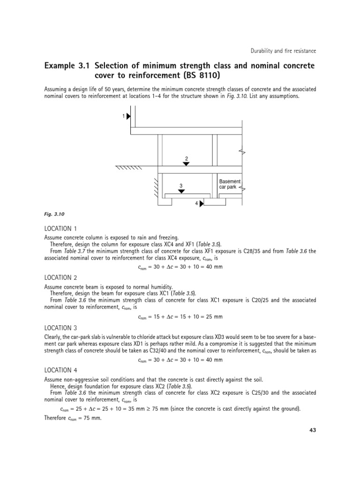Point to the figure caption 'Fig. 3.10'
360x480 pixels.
[x=53, y=214]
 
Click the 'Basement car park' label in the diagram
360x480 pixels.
[x=229, y=184]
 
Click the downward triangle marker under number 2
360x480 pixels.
[x=186, y=163]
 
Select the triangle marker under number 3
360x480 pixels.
[x=181, y=191]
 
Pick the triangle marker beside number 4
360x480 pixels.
[x=202, y=203]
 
